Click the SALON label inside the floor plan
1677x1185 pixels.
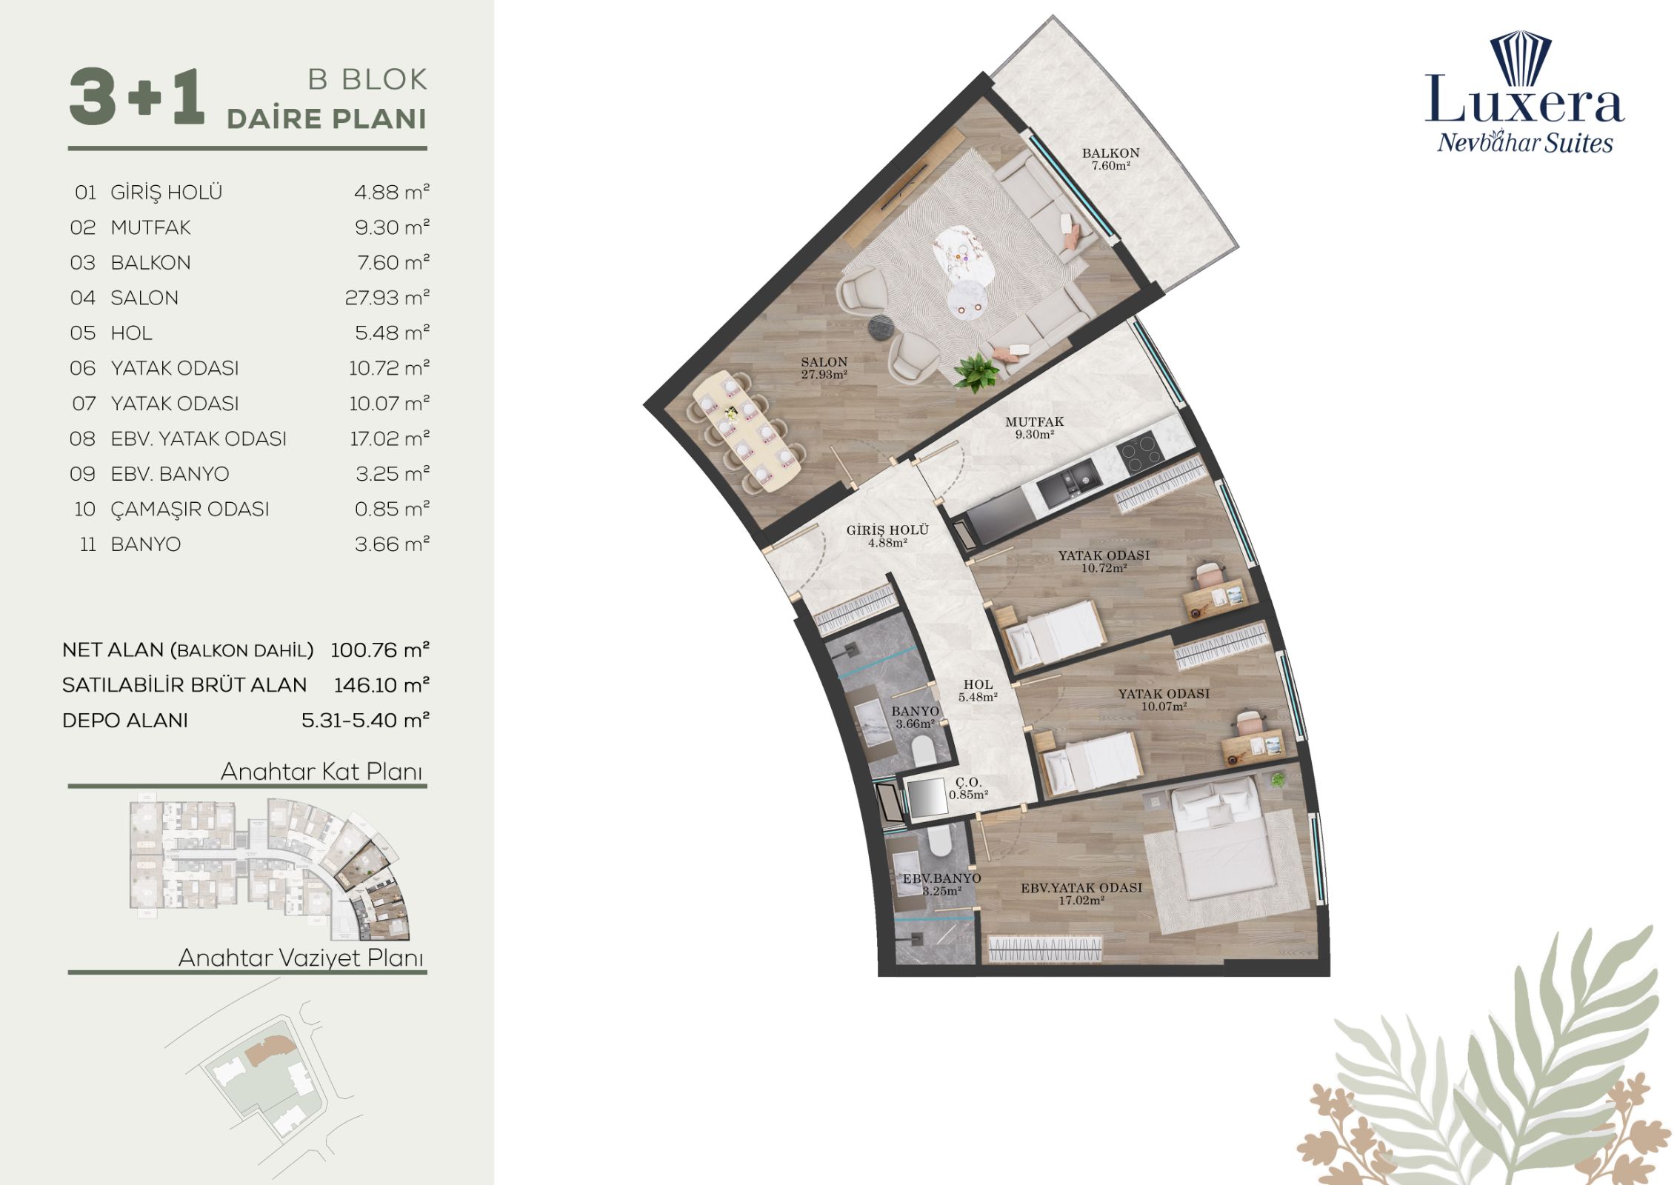[824, 362]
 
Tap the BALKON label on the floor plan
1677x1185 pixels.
[1110, 153]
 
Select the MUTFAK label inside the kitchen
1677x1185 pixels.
[1034, 422]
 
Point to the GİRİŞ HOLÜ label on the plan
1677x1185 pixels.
[887, 530]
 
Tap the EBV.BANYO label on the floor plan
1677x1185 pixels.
[941, 878]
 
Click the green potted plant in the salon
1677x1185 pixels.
[975, 370]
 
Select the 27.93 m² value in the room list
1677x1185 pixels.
[387, 298]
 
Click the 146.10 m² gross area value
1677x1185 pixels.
[382, 685]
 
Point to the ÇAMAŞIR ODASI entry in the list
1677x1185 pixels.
[190, 510]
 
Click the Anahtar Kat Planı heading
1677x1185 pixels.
[321, 772]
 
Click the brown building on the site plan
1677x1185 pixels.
[270, 1051]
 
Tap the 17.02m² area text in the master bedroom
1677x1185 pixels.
[1081, 901]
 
